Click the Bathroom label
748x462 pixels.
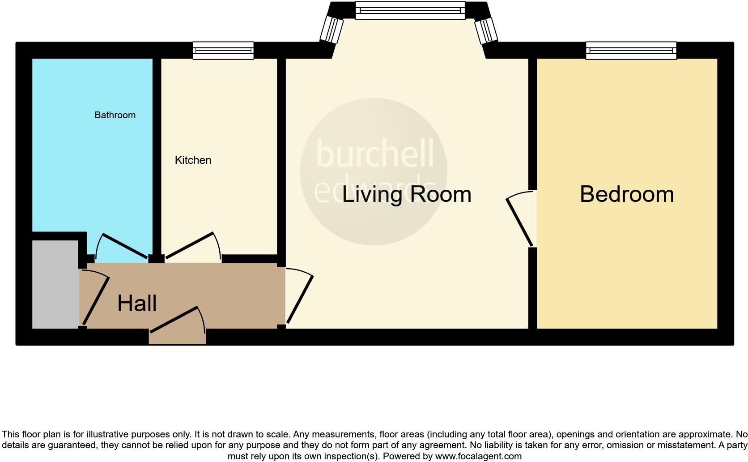(115, 115)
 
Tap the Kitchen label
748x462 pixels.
(193, 160)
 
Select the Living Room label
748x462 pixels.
(406, 194)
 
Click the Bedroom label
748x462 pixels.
(626, 194)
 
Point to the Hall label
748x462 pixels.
(137, 304)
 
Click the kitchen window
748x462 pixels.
(223, 51)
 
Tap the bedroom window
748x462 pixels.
(631, 51)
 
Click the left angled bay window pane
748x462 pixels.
(331, 30)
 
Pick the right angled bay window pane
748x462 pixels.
(485, 30)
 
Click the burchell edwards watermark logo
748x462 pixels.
(374, 171)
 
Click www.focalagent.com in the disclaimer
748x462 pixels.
(478, 456)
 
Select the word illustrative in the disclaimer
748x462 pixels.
(106, 434)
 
